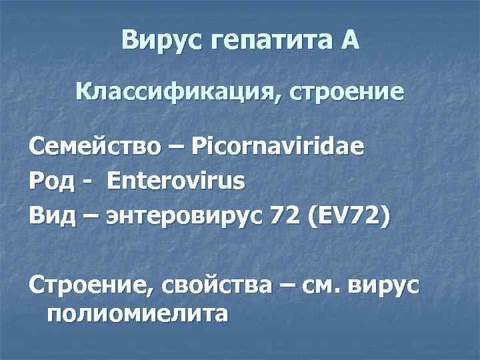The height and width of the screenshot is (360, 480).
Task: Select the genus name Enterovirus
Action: pyautogui.click(x=175, y=181)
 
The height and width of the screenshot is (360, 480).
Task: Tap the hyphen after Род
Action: pyautogui.click(x=87, y=182)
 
